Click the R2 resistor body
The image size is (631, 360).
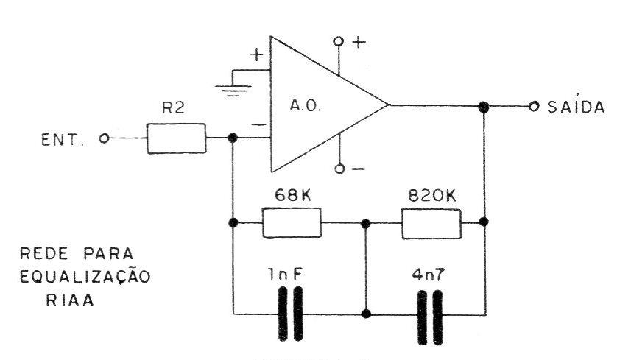(176, 138)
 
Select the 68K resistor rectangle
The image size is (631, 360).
(292, 222)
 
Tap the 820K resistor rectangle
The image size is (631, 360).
(431, 224)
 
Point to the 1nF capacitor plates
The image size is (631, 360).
(291, 314)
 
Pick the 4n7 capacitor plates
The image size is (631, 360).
(430, 318)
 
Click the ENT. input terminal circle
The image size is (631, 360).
(105, 138)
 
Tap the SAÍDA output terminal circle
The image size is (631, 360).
(534, 106)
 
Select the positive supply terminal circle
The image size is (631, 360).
(339, 41)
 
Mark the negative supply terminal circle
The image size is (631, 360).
(339, 169)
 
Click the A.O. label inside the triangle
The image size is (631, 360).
(306, 106)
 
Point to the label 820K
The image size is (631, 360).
(432, 196)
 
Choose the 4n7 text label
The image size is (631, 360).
(429, 275)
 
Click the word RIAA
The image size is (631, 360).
(70, 300)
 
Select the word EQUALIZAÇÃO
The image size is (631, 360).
(85, 276)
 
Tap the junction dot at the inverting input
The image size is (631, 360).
(232, 138)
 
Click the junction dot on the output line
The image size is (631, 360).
(483, 107)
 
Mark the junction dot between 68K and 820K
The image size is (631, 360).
(365, 224)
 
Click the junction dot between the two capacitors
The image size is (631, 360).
(366, 314)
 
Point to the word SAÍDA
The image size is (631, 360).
(576, 106)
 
